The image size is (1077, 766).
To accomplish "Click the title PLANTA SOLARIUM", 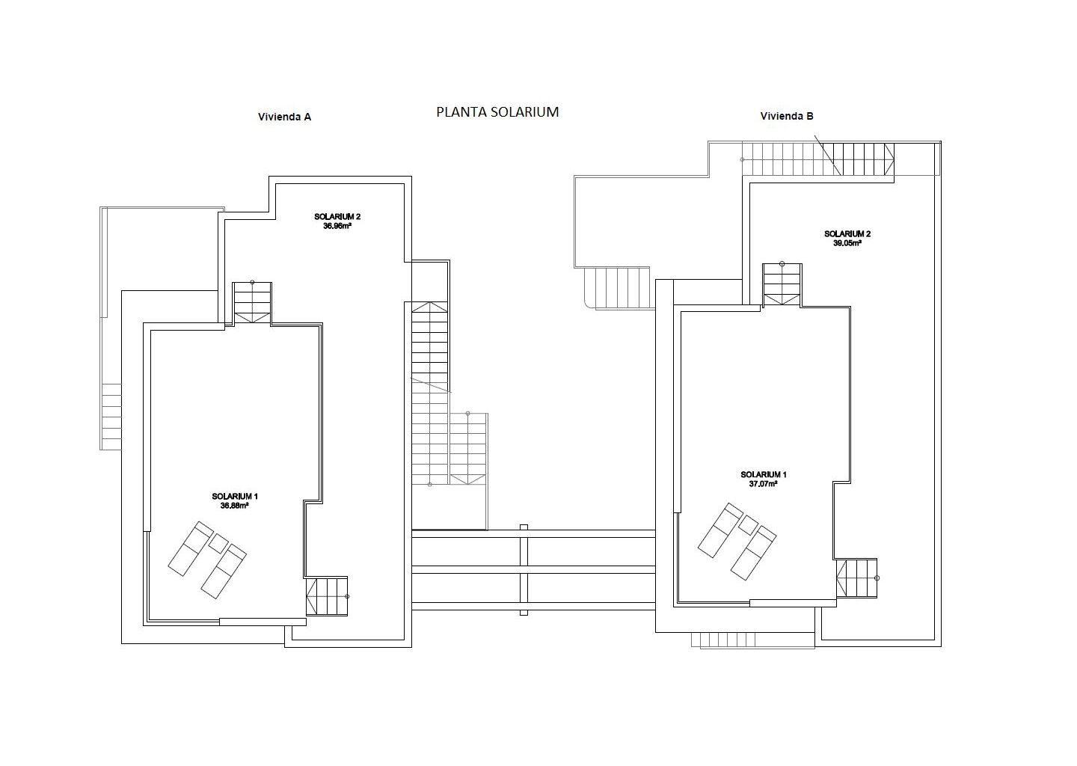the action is [x=497, y=112].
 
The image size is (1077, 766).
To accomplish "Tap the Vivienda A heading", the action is [x=285, y=117].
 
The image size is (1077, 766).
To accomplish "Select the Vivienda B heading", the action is [x=787, y=116].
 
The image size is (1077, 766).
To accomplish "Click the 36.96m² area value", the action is [x=337, y=226].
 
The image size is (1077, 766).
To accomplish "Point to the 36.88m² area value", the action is [x=235, y=506].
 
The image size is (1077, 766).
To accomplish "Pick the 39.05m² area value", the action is [x=847, y=243].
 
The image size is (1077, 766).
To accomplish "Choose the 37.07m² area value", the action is [x=764, y=484].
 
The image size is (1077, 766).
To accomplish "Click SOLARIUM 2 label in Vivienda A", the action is [x=337, y=217].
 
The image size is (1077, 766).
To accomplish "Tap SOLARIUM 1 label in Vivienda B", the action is [x=764, y=475].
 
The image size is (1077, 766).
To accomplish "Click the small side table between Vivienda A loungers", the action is [x=218, y=543].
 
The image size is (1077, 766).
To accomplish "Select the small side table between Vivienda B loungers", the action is [x=748, y=525].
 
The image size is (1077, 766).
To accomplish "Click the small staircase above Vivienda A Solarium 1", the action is [x=253, y=303].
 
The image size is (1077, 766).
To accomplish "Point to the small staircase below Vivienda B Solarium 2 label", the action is [x=782, y=285].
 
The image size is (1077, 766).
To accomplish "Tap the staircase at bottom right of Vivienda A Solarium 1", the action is [x=327, y=596].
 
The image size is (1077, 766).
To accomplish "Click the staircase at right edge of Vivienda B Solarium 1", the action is [x=857, y=578].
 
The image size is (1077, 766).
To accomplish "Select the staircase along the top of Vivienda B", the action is [x=818, y=159].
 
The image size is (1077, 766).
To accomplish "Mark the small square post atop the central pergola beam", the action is [x=524, y=527].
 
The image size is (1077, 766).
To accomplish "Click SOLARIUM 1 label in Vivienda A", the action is [x=235, y=497].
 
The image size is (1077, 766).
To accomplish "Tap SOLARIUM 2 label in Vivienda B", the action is [x=847, y=234].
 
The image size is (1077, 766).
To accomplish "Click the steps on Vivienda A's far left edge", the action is [x=111, y=417].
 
